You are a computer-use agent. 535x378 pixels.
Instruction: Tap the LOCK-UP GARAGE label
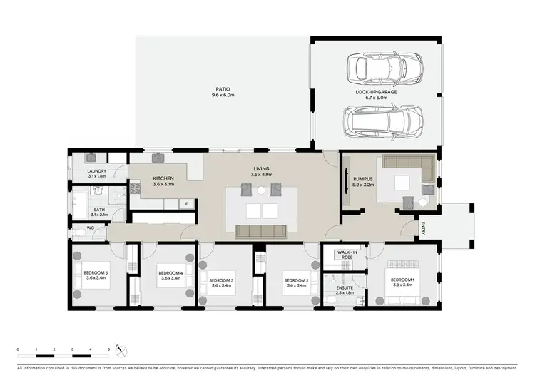coord(376,93)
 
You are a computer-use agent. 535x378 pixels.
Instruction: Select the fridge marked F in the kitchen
coord(187,204)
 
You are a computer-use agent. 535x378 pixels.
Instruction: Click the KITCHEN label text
coord(164,178)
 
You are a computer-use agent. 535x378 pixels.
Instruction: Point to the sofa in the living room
coord(261,230)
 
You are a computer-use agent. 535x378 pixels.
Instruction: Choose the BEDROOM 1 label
coord(401,279)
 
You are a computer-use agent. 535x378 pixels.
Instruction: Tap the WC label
coord(91,228)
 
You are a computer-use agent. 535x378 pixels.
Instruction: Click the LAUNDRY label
coord(96,171)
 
